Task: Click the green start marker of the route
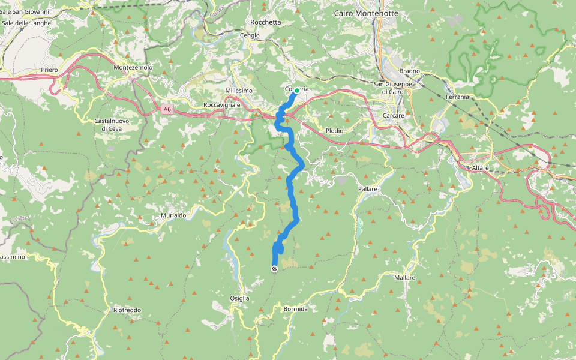(x=297, y=91)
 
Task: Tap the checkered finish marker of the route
(x=274, y=269)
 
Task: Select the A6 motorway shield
(x=167, y=109)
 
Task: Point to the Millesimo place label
(x=239, y=91)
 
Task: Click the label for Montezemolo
(x=133, y=68)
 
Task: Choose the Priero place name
(x=50, y=70)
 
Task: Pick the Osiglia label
(x=239, y=298)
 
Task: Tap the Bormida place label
(x=295, y=308)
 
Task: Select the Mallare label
(x=404, y=278)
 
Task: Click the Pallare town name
(x=368, y=189)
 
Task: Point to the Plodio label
(x=334, y=130)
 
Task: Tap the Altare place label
(x=481, y=167)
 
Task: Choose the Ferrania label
(x=457, y=97)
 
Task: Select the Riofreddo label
(x=127, y=310)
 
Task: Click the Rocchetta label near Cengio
(x=266, y=22)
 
